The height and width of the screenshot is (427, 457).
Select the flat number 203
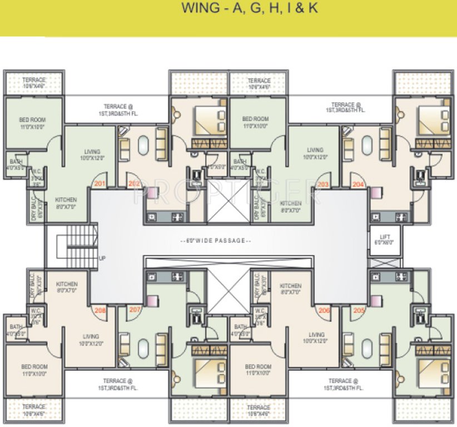tap(324, 183)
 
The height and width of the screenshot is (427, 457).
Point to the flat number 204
tap(357, 183)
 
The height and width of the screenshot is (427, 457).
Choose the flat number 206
tap(324, 310)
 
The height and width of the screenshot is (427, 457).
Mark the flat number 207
tap(134, 310)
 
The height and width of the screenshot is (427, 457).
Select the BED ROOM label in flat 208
tap(34, 370)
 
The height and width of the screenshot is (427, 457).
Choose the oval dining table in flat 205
tap(366, 349)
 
